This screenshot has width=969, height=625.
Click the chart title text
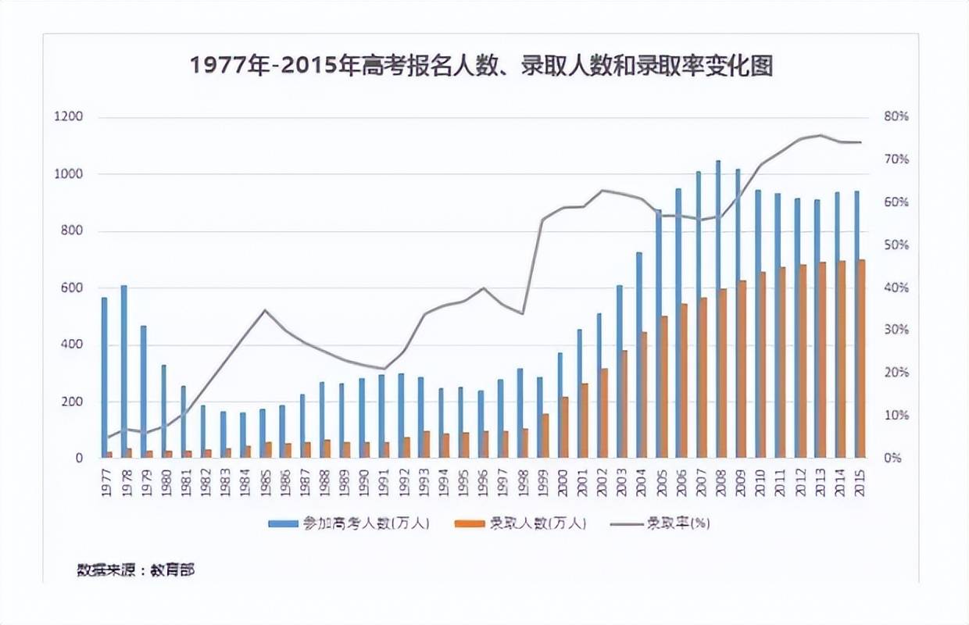481,66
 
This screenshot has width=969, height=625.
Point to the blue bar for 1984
242,434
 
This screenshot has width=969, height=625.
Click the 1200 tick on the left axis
68,117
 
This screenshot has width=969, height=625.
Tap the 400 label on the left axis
71,345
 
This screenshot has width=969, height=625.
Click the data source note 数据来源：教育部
135,570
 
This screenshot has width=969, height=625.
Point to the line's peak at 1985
264,310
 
